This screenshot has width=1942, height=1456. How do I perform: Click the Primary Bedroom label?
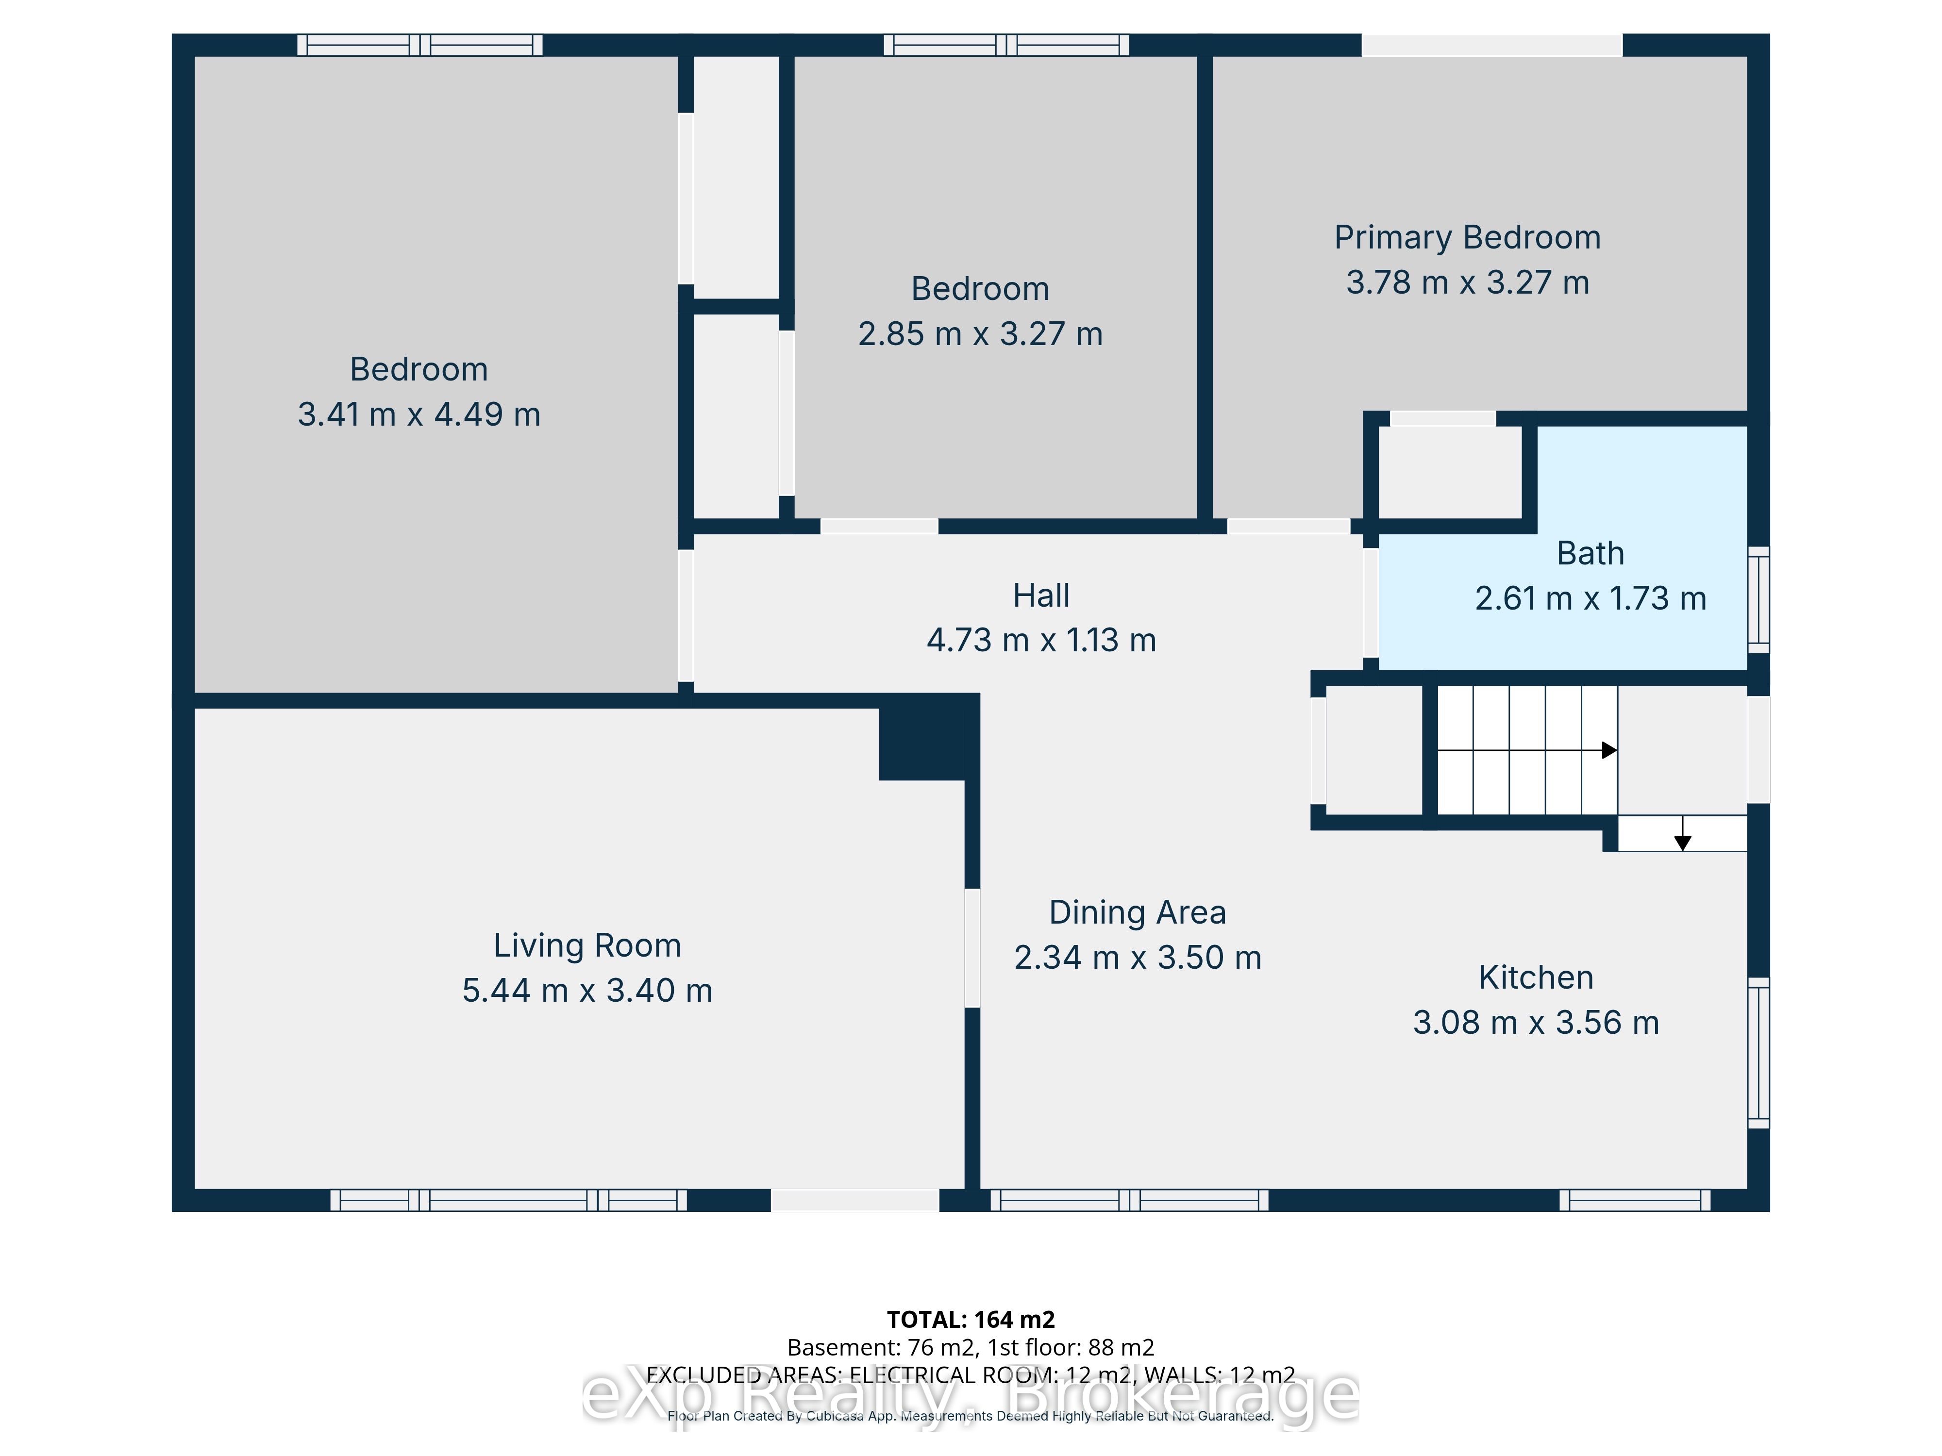(1467, 238)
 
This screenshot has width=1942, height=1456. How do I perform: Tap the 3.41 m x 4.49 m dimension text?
(419, 414)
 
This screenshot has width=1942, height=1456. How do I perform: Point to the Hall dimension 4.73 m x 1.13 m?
(1041, 641)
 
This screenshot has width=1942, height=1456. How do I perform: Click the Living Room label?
(587, 946)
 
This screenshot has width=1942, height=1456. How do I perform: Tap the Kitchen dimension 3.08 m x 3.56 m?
(1536, 1023)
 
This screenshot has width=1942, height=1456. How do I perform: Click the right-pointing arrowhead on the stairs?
(1609, 750)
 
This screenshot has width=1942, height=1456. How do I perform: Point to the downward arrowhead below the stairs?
(1682, 843)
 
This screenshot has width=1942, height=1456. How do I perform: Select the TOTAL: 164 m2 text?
(971, 1320)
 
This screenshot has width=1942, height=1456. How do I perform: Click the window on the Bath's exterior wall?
(1758, 599)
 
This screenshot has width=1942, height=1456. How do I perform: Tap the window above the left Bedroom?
(419, 45)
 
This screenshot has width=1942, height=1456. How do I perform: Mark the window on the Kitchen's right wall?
(1758, 1052)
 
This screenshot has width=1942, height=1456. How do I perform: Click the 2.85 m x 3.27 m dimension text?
(980, 334)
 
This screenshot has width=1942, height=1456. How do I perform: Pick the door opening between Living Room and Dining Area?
(972, 948)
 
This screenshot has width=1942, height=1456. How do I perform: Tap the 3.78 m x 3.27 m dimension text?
(1467, 282)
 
